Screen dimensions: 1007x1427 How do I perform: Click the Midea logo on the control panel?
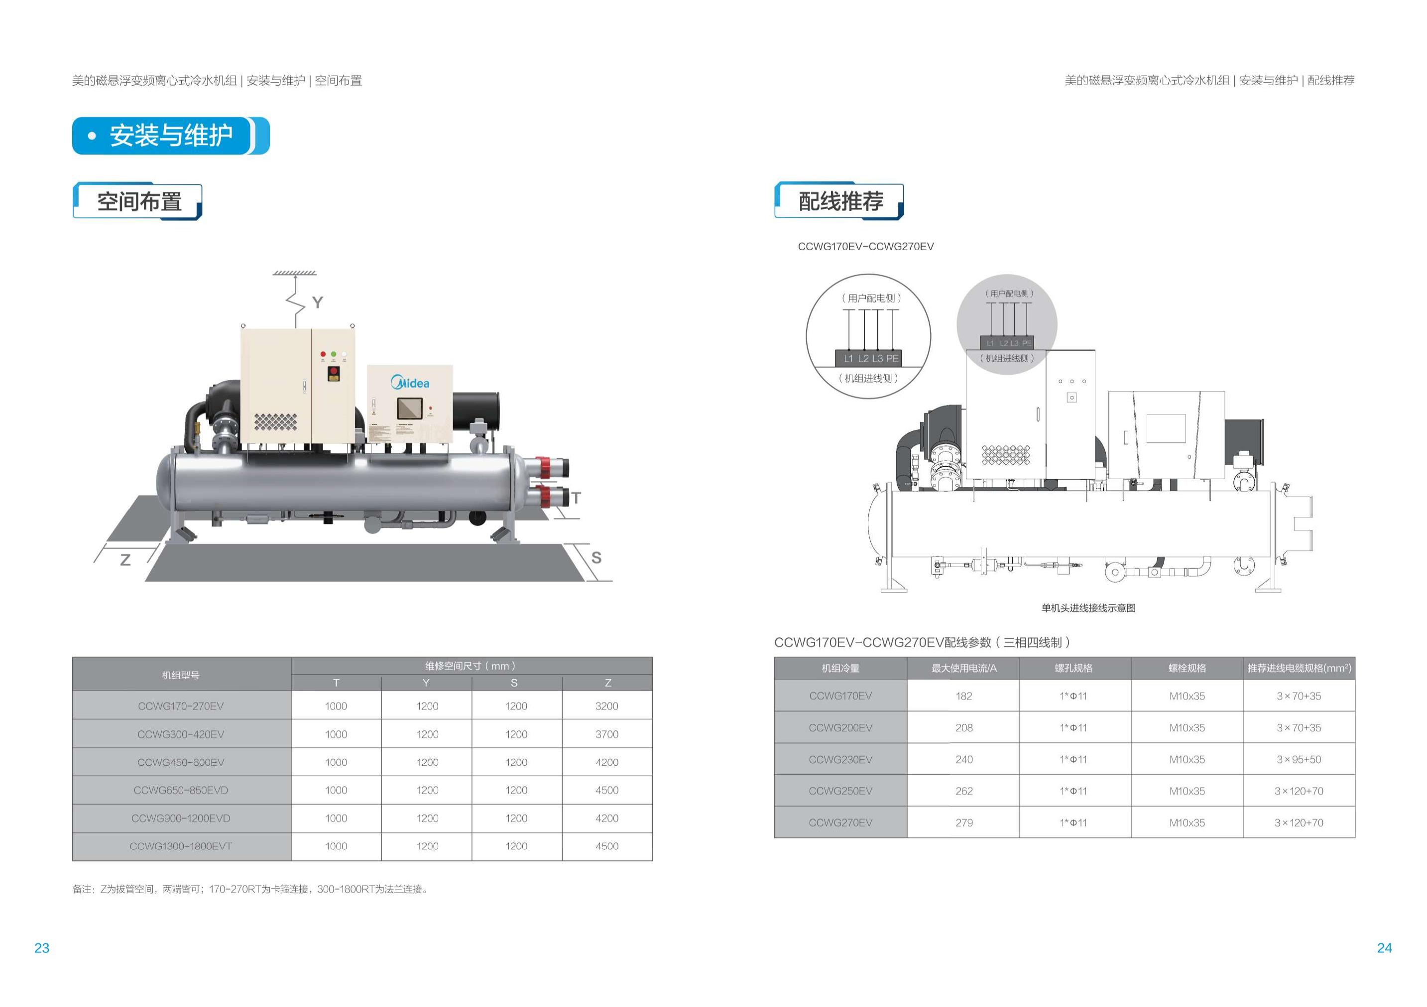(x=410, y=382)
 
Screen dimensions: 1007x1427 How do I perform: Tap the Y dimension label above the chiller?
(x=318, y=302)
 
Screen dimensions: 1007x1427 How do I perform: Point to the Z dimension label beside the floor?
(x=125, y=560)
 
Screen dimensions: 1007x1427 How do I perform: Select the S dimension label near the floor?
(x=596, y=557)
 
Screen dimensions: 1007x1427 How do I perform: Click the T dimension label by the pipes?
(x=576, y=498)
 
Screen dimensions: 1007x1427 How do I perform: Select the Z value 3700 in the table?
(x=606, y=734)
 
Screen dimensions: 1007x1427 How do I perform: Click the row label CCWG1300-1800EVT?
(x=181, y=846)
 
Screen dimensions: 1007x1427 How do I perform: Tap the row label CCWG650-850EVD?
(x=181, y=790)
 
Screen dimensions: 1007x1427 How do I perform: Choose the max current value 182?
(x=964, y=696)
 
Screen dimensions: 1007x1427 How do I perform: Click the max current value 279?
(x=964, y=822)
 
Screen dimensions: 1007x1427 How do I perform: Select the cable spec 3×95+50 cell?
(x=1299, y=759)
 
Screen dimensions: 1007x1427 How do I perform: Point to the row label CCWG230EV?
(x=840, y=759)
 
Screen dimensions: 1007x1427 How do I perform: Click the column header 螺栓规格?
(x=1187, y=668)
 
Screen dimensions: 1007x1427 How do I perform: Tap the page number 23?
(x=42, y=948)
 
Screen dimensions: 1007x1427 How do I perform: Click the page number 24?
(x=1384, y=948)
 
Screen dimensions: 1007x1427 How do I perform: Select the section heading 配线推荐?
(x=840, y=201)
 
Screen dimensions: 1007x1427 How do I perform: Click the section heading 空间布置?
(x=139, y=202)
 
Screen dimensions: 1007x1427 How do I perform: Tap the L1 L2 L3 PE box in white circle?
(x=871, y=358)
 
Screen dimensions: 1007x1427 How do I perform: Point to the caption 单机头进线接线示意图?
(x=1088, y=608)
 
